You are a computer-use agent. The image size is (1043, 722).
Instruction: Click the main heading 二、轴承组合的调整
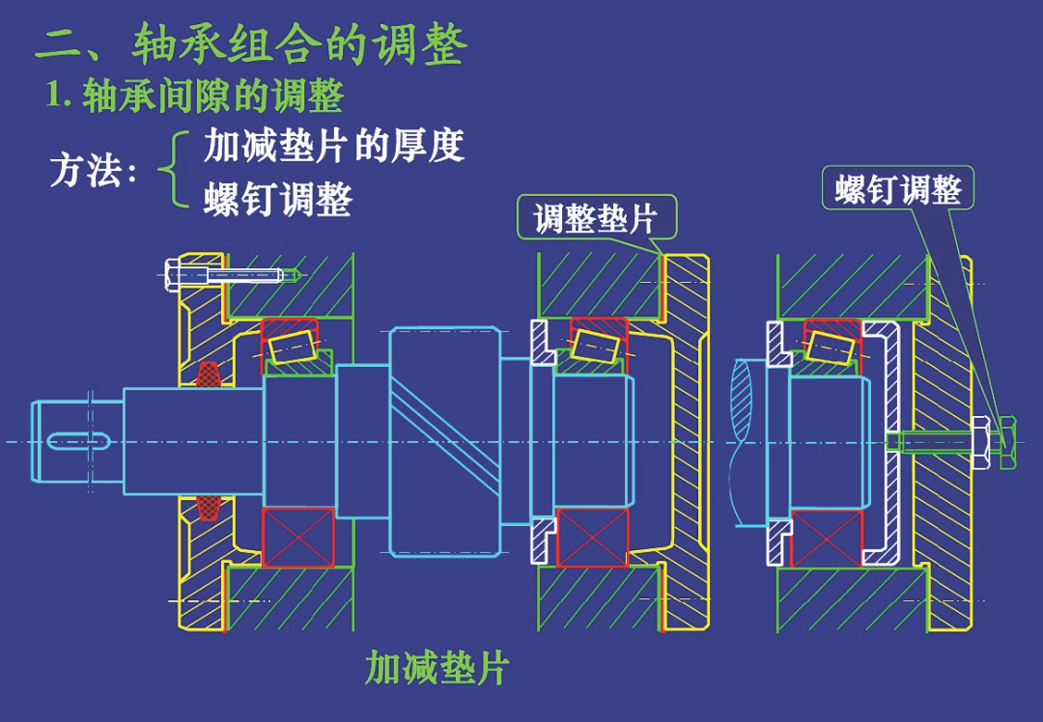pos(251,44)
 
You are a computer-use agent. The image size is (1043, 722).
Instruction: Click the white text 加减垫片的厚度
pos(334,146)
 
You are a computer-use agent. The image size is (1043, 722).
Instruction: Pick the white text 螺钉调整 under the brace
pos(278,200)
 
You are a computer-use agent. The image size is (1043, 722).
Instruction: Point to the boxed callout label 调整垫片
pos(596,218)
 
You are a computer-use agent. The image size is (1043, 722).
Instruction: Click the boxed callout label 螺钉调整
pos(898,190)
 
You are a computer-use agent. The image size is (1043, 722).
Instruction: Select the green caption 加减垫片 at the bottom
pos(437,667)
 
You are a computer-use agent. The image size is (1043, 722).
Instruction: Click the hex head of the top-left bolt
pos(173,275)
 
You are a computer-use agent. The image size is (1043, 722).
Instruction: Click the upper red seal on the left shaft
pos(208,374)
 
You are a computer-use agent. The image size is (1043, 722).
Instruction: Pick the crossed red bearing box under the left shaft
pos(297,538)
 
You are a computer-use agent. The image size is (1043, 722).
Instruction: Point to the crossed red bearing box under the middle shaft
pos(592,537)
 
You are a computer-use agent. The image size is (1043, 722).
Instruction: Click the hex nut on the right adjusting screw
pos(979,443)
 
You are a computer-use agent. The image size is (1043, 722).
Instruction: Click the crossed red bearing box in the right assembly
pos(826,538)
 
